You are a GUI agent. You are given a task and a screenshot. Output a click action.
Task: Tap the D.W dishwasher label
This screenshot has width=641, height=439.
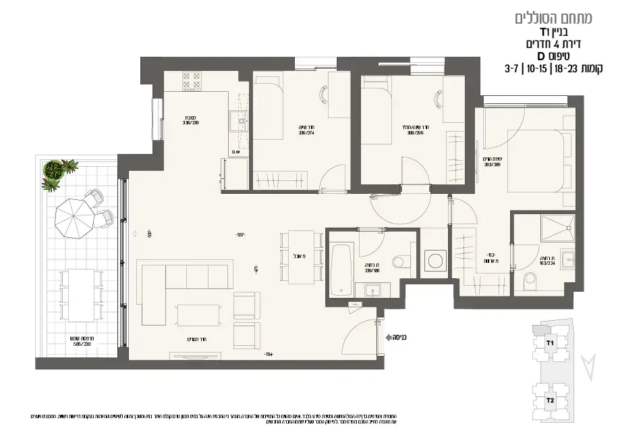(x=236, y=152)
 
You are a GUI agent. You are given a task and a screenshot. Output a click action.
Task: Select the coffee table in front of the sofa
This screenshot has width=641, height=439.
(x=197, y=316)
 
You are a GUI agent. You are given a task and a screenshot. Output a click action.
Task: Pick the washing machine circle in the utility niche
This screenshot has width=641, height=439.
(x=433, y=260)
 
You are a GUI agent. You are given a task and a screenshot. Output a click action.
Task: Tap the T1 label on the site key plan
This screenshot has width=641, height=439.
(x=549, y=343)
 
